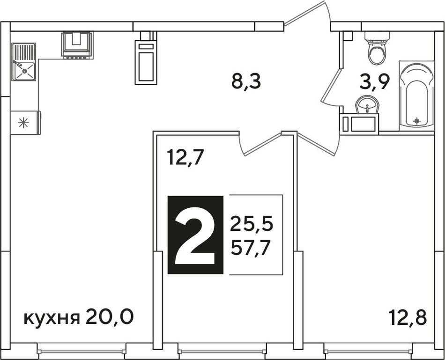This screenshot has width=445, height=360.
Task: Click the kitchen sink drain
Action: click(25, 71)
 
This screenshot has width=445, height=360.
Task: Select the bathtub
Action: click(416, 96)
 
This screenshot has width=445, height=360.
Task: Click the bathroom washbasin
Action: click(367, 105)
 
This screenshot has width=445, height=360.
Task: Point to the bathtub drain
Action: click(416, 121)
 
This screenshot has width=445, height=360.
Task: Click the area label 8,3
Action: click(246, 81)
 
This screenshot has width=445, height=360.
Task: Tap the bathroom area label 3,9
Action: click(373, 82)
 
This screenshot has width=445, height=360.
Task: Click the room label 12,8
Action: click(408, 317)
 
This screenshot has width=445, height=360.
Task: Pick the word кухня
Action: click(52, 318)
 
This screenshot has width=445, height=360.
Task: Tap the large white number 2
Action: click(195, 235)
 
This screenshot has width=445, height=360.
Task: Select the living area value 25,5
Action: click(252, 224)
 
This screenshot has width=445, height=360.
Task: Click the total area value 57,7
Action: click(250, 248)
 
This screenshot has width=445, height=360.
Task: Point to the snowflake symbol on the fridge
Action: click(23, 123)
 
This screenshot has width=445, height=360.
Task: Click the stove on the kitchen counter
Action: click(77, 45)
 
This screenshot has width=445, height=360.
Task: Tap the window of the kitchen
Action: click(82, 352)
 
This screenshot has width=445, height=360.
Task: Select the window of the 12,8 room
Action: click(368, 352)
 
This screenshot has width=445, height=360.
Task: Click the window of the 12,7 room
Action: click(222, 352)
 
